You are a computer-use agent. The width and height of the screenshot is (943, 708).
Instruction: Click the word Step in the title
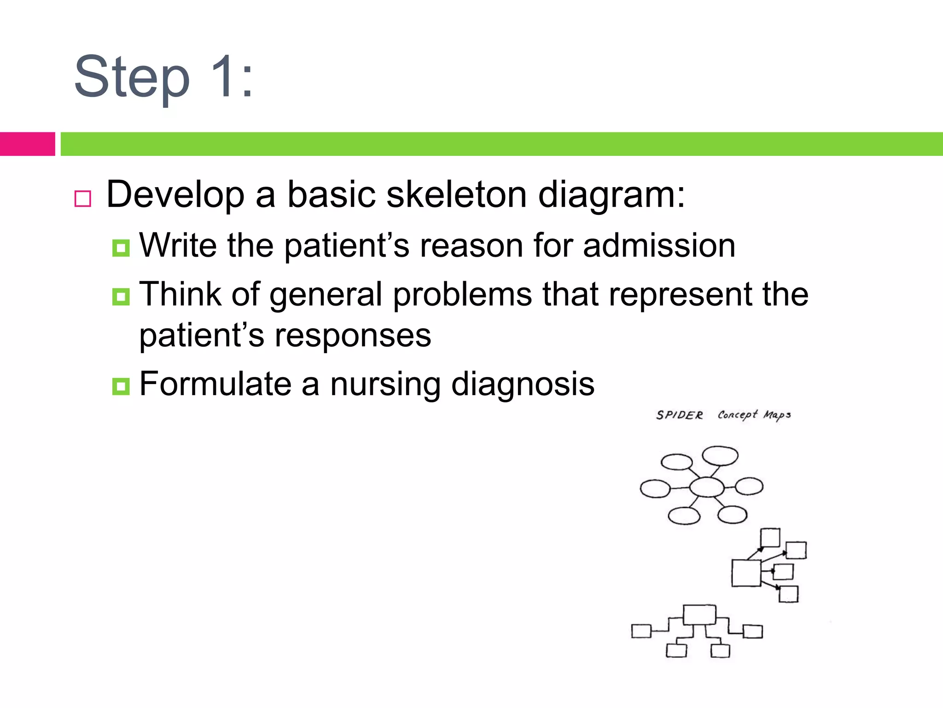click(x=132, y=77)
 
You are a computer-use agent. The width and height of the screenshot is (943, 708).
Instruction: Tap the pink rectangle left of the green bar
click(x=27, y=144)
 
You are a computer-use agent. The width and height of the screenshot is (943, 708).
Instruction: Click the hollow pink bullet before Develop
click(x=83, y=199)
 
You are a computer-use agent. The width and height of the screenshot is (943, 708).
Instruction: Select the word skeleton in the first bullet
click(x=456, y=195)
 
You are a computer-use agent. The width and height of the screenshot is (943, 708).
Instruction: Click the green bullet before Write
click(x=121, y=248)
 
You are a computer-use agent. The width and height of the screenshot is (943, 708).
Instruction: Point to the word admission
click(x=659, y=245)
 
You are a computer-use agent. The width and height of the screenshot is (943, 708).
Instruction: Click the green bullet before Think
click(x=121, y=297)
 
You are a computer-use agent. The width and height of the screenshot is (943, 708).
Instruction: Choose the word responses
click(x=353, y=336)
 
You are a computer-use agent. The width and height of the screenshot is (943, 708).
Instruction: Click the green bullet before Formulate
click(x=121, y=386)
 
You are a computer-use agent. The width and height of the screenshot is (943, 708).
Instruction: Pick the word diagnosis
click(x=523, y=384)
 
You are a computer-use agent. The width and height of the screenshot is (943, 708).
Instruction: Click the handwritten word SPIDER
click(x=679, y=415)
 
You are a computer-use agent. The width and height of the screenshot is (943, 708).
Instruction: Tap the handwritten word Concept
click(x=737, y=415)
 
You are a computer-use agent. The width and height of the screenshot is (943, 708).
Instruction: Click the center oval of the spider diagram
click(x=707, y=487)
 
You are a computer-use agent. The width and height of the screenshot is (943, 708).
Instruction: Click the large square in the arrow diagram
click(x=746, y=573)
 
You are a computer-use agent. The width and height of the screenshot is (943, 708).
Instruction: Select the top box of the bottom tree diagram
click(x=699, y=614)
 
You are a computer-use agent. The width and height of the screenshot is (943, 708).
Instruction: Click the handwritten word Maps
click(x=777, y=415)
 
